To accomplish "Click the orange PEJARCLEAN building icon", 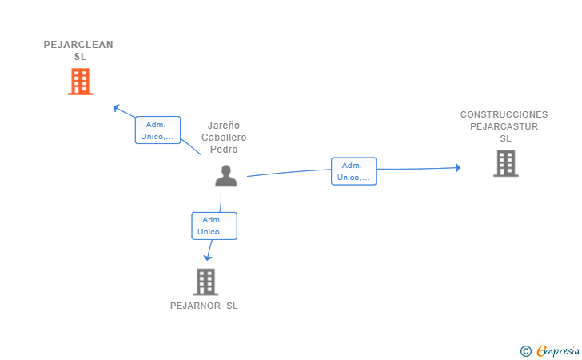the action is tap(80, 82).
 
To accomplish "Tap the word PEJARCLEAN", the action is tap(78, 45).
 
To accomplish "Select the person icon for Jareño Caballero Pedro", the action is tap(225, 176).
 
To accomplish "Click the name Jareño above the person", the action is tap(224, 126).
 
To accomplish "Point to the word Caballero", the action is tap(224, 138).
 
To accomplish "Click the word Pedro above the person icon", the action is tap(224, 150).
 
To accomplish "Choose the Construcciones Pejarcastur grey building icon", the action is tap(505, 163).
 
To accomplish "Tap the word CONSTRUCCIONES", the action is tap(504, 114).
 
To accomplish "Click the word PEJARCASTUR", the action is tap(504, 126).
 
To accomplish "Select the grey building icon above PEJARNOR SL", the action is tap(205, 282).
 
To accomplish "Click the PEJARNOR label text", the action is tap(195, 306).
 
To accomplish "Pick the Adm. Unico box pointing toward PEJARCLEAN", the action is tap(157, 130).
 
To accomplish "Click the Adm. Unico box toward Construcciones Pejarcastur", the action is tap(353, 171).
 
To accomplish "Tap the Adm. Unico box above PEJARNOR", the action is tap(214, 226).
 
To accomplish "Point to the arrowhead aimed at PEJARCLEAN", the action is tap(116, 108).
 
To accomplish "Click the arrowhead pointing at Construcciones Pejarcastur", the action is tap(458, 167).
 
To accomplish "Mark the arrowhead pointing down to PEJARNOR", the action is tap(208, 258).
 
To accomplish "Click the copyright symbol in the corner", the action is tap(525, 351).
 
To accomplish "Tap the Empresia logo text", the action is tap(558, 351).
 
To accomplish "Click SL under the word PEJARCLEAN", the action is tap(80, 57).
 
